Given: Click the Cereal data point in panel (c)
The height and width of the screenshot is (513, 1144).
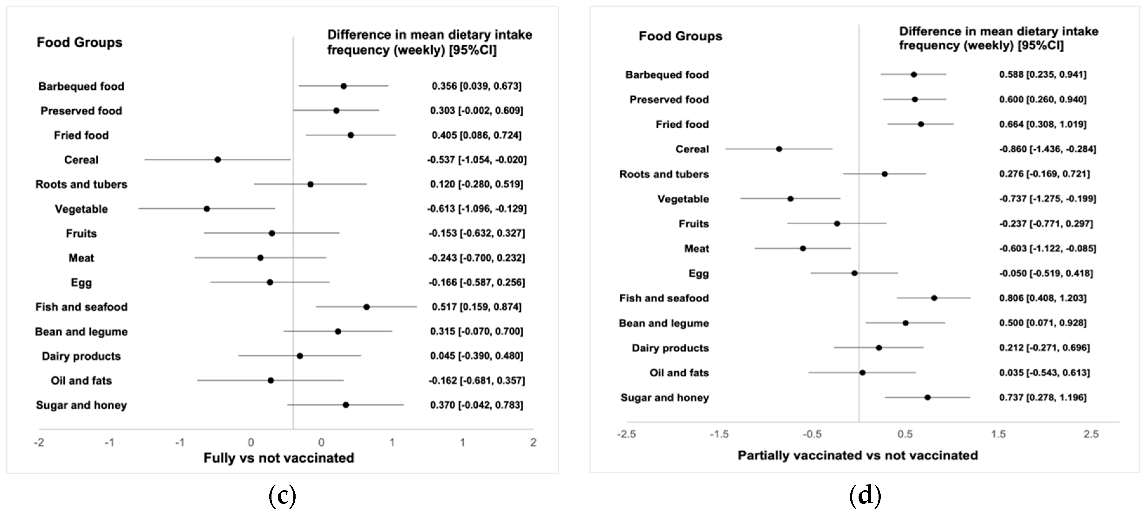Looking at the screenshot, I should [x=218, y=160].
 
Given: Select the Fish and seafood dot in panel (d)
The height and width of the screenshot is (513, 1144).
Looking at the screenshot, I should [x=934, y=298].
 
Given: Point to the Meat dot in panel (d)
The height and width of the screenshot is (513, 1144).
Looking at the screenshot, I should [x=802, y=248].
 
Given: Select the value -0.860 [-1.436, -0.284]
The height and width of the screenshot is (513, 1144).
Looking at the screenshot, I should [x=1047, y=149].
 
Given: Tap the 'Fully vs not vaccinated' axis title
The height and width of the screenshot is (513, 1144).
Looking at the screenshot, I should [x=279, y=458].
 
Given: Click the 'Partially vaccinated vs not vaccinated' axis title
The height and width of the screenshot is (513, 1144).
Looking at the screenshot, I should [x=858, y=455].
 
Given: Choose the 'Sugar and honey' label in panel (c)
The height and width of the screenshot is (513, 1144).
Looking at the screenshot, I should [x=81, y=405].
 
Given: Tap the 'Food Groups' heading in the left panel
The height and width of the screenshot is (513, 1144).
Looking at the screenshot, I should [x=80, y=42].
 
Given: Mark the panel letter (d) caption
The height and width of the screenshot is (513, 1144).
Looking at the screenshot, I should [x=865, y=495].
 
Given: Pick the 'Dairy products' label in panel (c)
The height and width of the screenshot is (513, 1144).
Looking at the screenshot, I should [x=81, y=356].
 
